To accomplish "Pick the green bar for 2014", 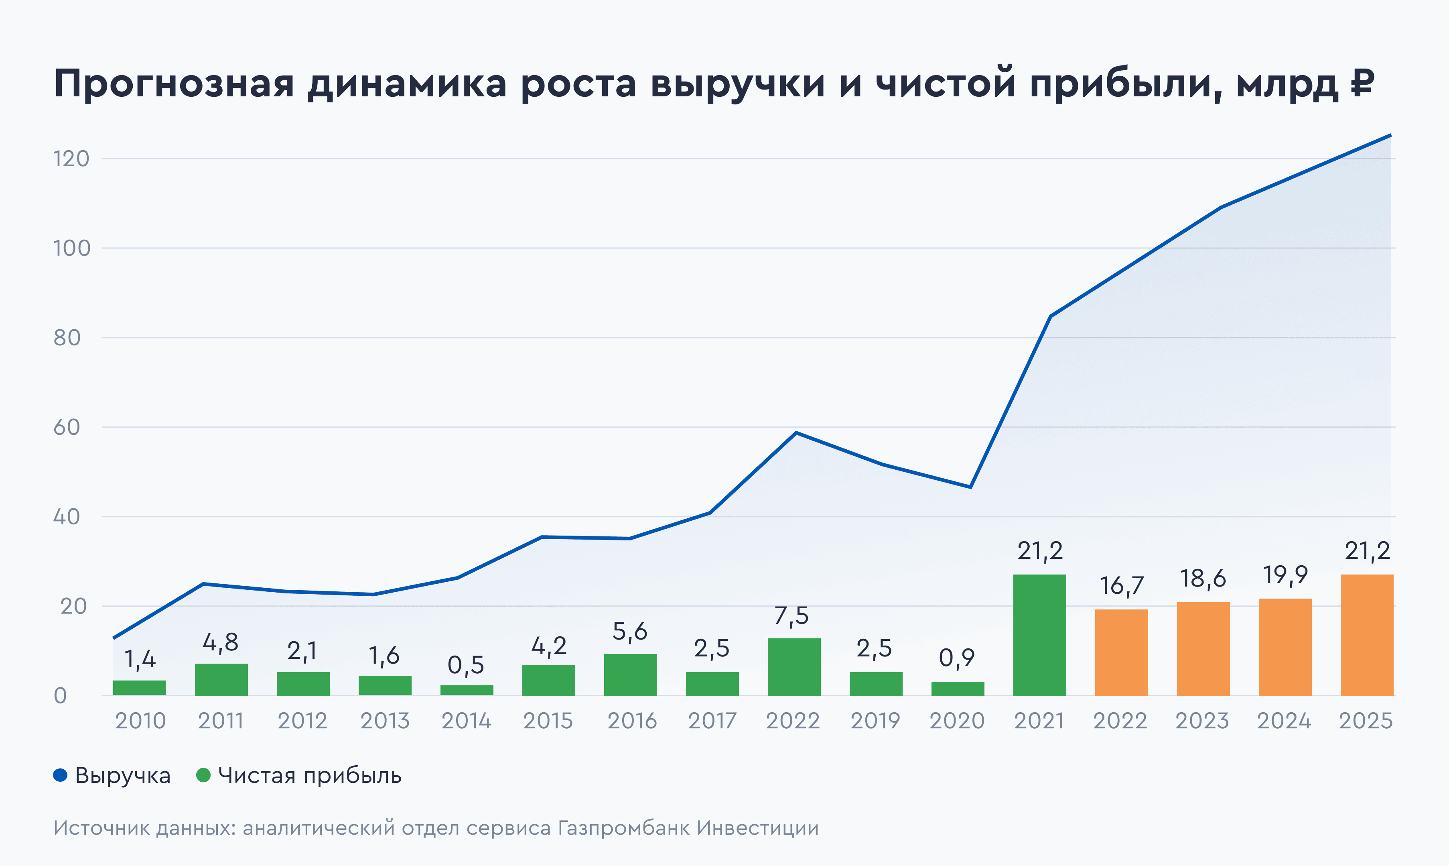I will (467, 690).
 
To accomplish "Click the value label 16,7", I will (1121, 586).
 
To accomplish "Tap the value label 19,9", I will (1285, 575).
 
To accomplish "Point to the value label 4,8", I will (220, 642).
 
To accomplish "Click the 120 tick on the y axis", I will (71, 159).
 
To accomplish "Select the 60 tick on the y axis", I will (67, 427).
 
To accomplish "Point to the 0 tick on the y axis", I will (60, 696).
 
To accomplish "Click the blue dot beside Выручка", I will (60, 775).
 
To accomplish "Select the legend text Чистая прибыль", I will (310, 776).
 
